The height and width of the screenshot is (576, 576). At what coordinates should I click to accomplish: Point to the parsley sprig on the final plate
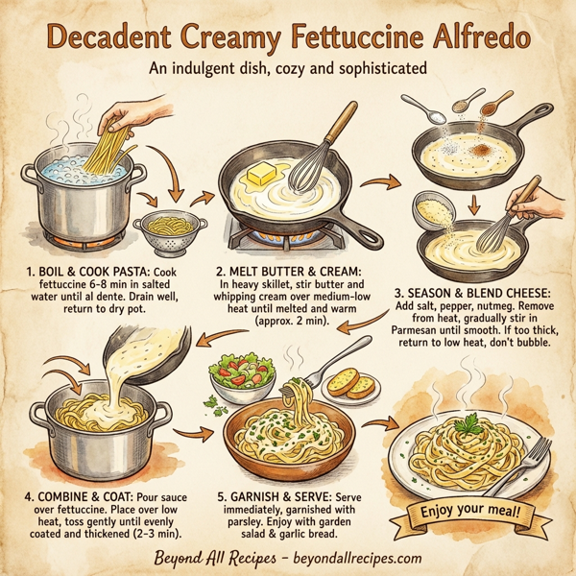(468, 421)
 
